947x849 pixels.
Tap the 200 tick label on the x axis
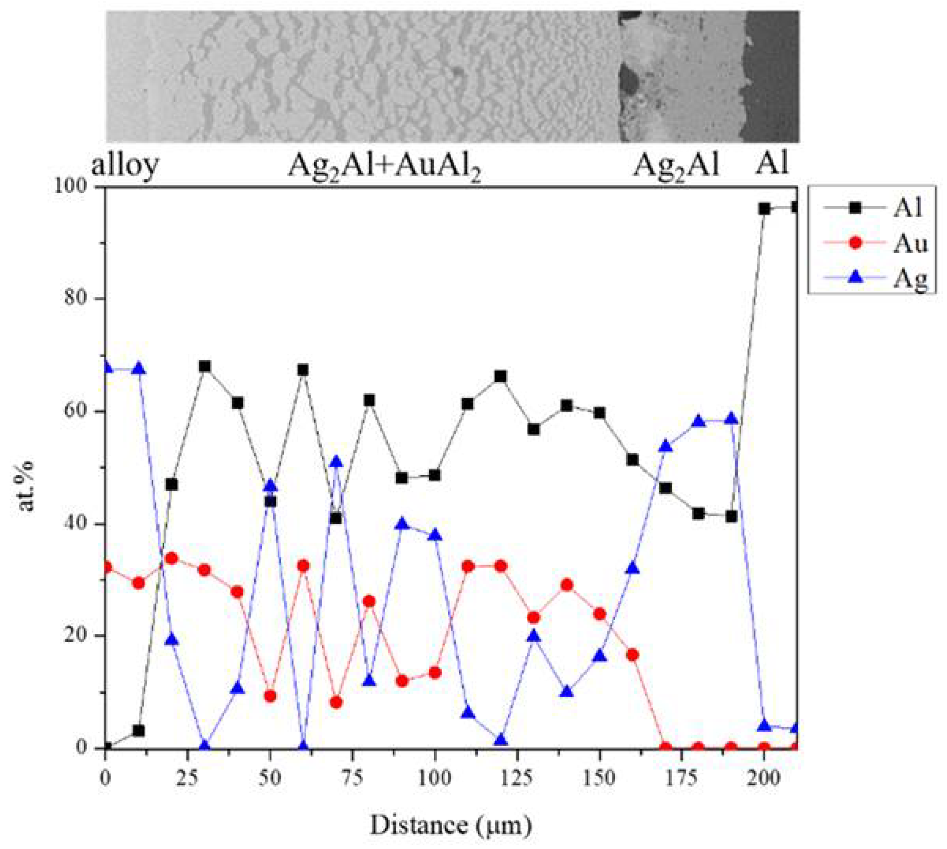point(763,778)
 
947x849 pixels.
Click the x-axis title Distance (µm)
point(450,825)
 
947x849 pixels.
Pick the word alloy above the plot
point(125,164)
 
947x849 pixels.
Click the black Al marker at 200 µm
point(763,209)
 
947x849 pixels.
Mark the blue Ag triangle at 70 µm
point(336,462)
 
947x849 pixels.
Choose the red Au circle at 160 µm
point(632,655)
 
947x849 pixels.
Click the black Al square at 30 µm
point(204,366)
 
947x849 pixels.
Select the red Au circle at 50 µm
point(270,696)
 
